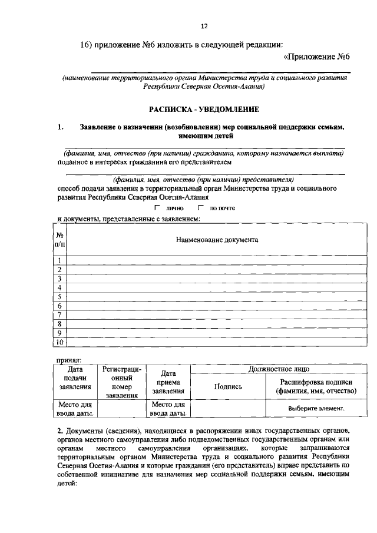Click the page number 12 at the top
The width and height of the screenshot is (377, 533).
click(204, 27)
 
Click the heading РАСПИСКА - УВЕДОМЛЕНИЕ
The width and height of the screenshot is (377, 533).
click(204, 110)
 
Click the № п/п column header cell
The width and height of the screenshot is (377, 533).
click(59, 240)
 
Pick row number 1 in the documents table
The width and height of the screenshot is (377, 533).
click(59, 261)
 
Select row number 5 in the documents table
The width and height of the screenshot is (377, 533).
click(59, 297)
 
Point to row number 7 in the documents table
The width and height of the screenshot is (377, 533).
click(59, 315)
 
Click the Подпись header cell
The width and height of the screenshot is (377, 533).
click(229, 386)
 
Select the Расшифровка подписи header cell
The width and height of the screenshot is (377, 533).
click(316, 386)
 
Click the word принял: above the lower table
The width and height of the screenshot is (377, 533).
click(69, 359)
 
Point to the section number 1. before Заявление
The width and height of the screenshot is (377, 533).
click(61, 127)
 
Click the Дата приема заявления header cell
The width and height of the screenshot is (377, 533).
click(169, 382)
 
